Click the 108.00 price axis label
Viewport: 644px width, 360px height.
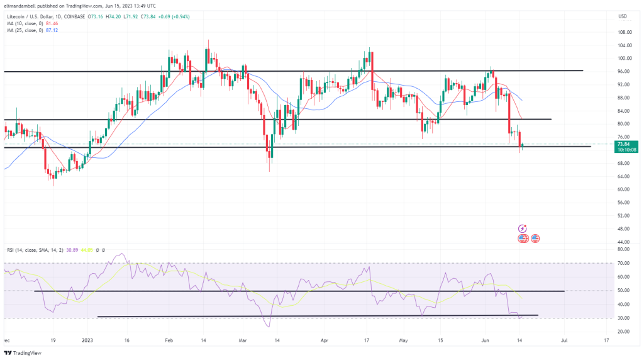624,32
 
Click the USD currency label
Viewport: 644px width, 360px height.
623,16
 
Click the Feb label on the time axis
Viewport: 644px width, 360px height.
169,339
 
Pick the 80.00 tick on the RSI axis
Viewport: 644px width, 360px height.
624,249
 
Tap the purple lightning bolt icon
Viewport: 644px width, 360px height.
522,228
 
